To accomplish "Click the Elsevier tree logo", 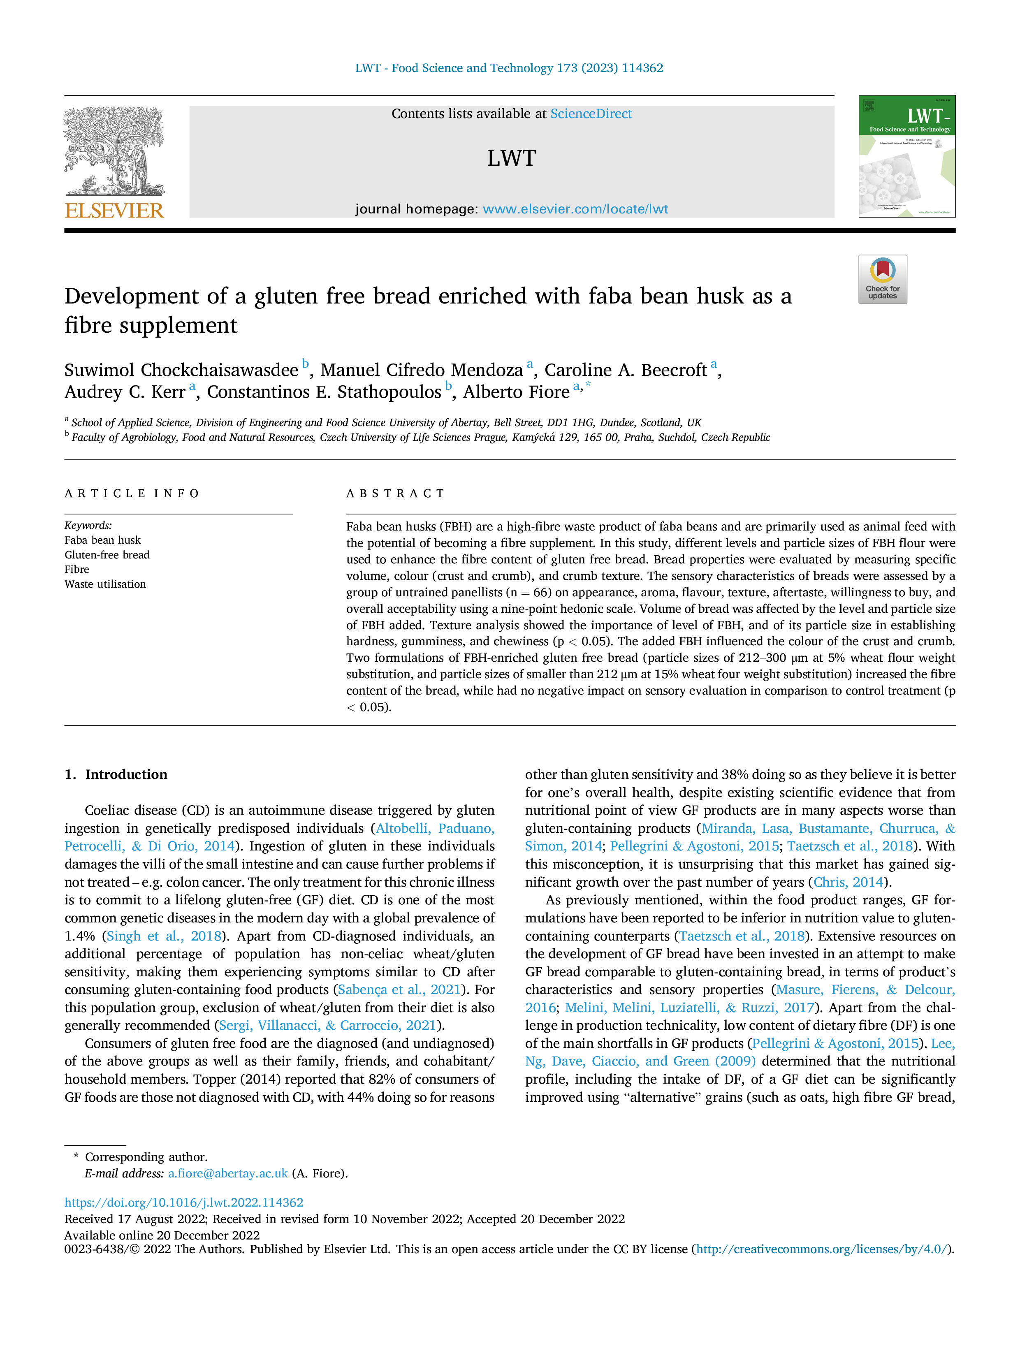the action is [114, 151].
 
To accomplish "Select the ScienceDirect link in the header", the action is [591, 114].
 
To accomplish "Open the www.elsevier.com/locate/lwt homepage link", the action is [575, 209].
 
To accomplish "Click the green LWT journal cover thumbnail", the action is [907, 156].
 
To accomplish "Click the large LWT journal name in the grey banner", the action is [512, 158].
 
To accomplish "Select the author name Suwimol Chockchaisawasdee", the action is [181, 370].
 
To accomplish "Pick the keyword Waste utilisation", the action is [105, 584].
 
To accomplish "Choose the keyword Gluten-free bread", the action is [107, 555].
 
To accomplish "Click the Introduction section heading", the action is [126, 774].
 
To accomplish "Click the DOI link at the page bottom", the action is [184, 1202].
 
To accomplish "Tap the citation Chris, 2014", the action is [848, 882].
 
